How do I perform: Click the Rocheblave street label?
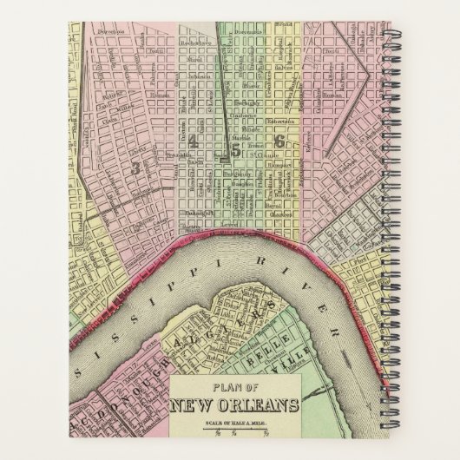coord(186,41)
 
